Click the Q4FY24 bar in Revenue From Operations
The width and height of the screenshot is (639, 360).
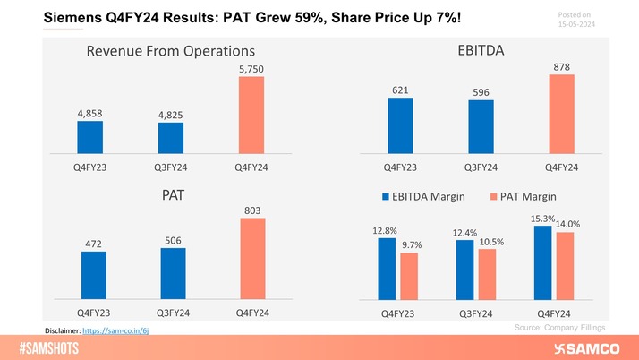251,116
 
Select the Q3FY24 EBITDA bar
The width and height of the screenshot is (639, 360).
481,126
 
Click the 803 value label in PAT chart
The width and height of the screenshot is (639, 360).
253,210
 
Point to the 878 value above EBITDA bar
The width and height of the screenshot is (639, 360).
562,66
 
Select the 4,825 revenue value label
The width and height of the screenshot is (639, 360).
171,115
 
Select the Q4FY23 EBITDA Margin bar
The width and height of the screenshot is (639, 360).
386,267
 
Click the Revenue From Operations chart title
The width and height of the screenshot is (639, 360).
170,51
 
